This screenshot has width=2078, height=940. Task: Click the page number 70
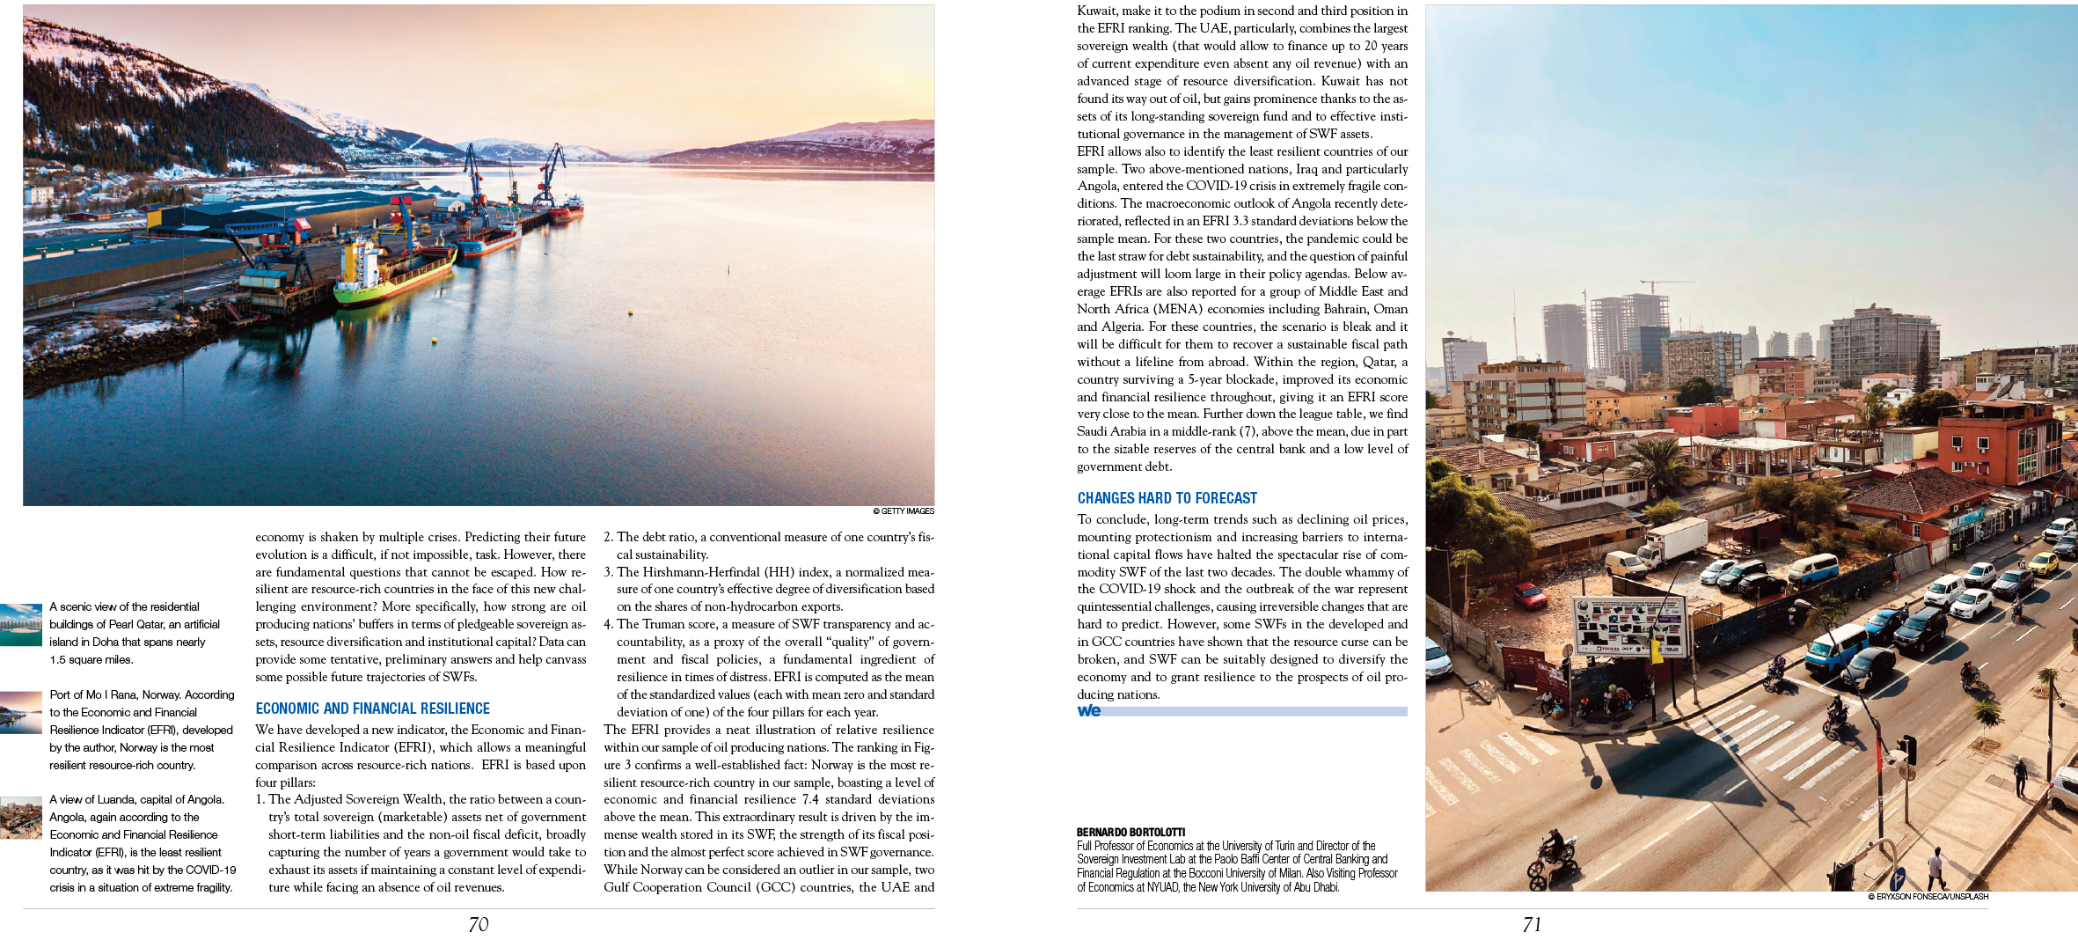[478, 924]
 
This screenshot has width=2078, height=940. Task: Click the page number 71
[1532, 924]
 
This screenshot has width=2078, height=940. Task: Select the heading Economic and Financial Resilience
[372, 709]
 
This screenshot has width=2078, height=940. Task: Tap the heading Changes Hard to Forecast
[1167, 498]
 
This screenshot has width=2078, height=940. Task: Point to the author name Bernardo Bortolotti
[1130, 832]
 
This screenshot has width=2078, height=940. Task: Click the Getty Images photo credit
[904, 511]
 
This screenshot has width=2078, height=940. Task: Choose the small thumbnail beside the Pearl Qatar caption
[21, 625]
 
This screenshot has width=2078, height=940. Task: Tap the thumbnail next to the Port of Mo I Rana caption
[21, 713]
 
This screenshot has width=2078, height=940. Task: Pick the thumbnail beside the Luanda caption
[21, 818]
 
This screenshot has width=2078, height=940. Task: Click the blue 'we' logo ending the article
[1089, 710]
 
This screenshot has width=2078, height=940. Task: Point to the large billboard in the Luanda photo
[1628, 625]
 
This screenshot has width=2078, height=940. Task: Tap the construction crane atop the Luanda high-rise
[1663, 284]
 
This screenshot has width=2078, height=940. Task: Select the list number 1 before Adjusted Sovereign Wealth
[260, 800]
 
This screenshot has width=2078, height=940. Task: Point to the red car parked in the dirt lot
[1531, 597]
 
